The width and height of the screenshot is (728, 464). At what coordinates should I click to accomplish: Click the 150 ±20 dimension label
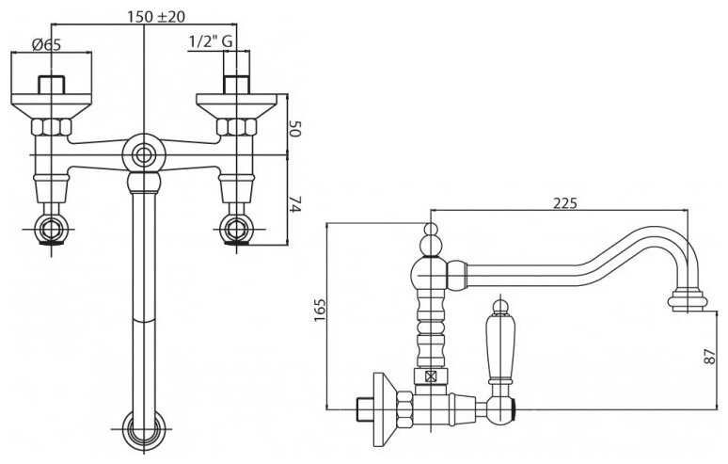pyautogui.click(x=156, y=17)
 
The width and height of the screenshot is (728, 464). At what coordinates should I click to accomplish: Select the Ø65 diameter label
pyautogui.click(x=46, y=44)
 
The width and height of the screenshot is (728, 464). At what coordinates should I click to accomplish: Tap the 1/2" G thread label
pyautogui.click(x=210, y=41)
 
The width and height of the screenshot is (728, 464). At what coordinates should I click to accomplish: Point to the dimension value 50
pyautogui.click(x=295, y=129)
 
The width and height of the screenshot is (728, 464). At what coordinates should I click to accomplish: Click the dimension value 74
pyautogui.click(x=295, y=204)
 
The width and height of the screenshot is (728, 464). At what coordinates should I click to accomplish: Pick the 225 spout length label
pyautogui.click(x=564, y=203)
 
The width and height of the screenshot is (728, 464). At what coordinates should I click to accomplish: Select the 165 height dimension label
pyautogui.click(x=321, y=311)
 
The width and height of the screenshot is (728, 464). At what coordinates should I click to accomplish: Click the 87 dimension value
pyautogui.click(x=711, y=357)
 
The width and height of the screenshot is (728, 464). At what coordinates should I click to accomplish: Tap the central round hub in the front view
pyautogui.click(x=144, y=155)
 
